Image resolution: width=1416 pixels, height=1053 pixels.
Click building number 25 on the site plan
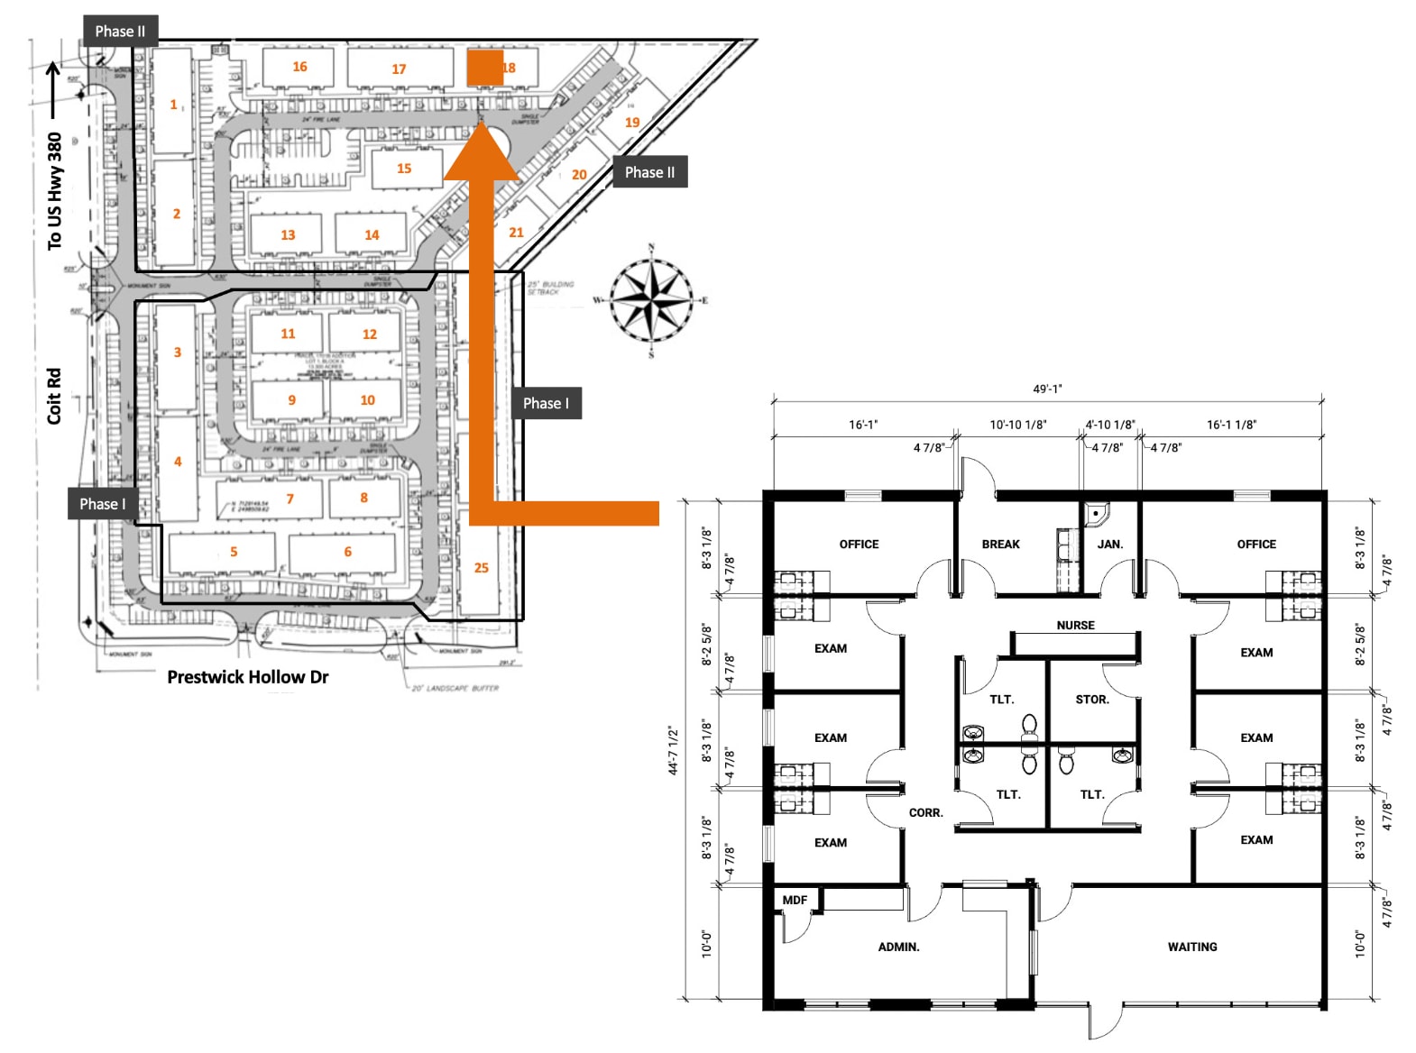[x=481, y=567]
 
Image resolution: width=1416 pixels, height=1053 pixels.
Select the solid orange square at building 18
[x=484, y=68]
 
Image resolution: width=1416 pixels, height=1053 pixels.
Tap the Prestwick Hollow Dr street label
[x=248, y=676]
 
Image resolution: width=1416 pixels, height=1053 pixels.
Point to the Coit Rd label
[x=54, y=396]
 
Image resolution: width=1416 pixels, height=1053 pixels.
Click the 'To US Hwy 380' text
[x=54, y=191]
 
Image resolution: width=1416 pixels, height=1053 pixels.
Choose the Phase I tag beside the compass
[x=546, y=403]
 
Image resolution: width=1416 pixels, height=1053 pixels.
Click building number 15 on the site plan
[x=404, y=169]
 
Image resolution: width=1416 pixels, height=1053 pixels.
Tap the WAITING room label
[x=1191, y=947]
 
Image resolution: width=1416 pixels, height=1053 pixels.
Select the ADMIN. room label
[x=898, y=947]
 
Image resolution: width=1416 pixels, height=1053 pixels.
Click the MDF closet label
[x=795, y=900]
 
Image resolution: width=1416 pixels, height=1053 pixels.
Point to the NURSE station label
[x=1075, y=625]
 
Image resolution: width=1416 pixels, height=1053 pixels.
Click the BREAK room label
[x=1000, y=545]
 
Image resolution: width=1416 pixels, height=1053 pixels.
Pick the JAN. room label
[x=1109, y=545]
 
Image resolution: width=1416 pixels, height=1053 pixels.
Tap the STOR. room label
[x=1091, y=700]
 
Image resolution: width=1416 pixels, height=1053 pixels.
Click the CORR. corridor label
[x=925, y=812]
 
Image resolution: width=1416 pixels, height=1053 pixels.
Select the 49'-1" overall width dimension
[x=1047, y=389]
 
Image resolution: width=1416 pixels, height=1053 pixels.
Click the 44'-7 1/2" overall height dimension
[x=673, y=750]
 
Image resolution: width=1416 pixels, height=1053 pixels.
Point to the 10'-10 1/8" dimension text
[x=1017, y=425]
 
